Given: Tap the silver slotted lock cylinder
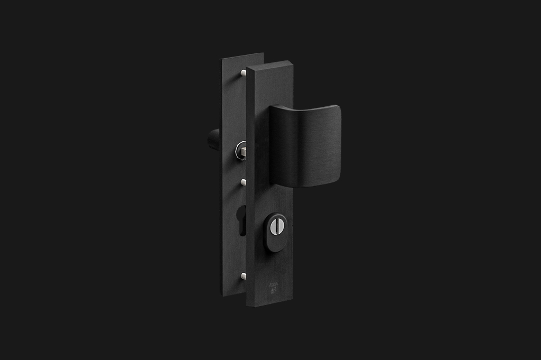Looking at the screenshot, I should pyautogui.click(x=276, y=227).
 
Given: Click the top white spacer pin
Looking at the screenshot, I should pyautogui.click(x=243, y=73).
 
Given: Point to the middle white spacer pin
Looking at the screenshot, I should pyautogui.click(x=243, y=182).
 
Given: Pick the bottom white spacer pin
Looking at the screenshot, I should pyautogui.click(x=243, y=276).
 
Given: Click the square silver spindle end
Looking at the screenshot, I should pyautogui.click(x=244, y=152).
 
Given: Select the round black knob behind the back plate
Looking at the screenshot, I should pyautogui.click(x=214, y=139).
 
